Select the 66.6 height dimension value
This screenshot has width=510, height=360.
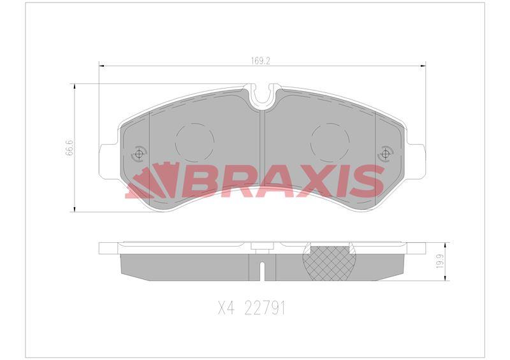pos(71,148)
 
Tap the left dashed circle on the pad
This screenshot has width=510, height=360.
pos(194,141)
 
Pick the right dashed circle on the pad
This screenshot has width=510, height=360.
pos(330,141)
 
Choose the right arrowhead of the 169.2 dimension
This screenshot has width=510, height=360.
pos(423,65)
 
